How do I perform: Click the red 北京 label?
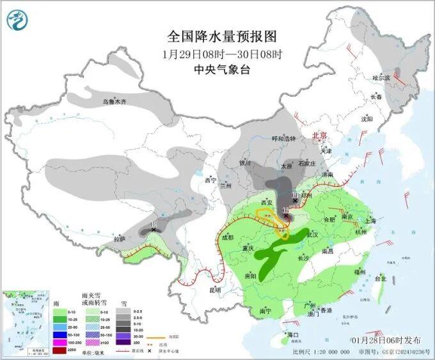pos(319,136)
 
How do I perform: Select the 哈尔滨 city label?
pos(381,77)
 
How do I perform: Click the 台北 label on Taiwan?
pos(380,279)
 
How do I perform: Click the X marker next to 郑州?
pos(294,200)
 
